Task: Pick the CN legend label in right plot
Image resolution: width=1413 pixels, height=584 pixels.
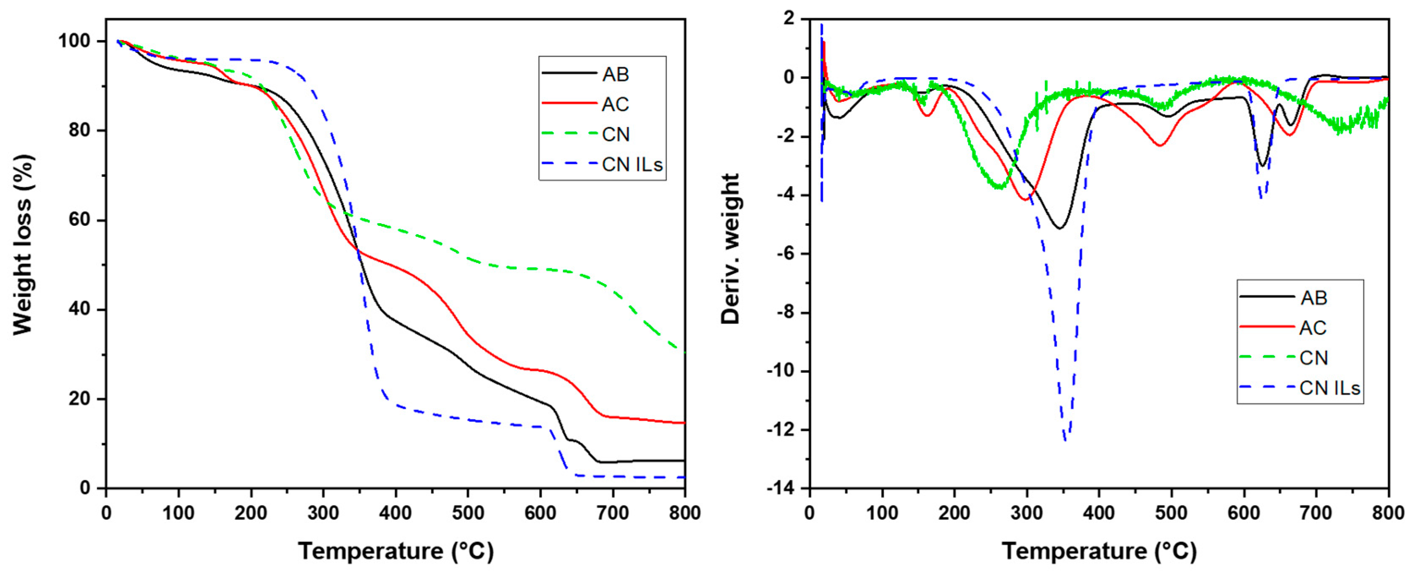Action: [1313, 358]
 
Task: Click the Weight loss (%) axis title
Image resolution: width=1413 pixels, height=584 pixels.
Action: [24, 245]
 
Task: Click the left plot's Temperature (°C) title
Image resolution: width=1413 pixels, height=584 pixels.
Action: [396, 551]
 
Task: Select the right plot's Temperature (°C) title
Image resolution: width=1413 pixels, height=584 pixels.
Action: [1099, 551]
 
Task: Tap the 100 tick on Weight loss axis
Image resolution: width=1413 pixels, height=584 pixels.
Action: [74, 41]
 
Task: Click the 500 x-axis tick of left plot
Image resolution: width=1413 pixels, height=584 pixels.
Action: [468, 513]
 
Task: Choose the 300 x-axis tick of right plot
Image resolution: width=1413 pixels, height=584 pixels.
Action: [1026, 513]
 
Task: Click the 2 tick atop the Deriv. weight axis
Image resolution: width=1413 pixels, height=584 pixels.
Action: [789, 19]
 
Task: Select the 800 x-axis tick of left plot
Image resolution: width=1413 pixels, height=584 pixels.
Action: [685, 513]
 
